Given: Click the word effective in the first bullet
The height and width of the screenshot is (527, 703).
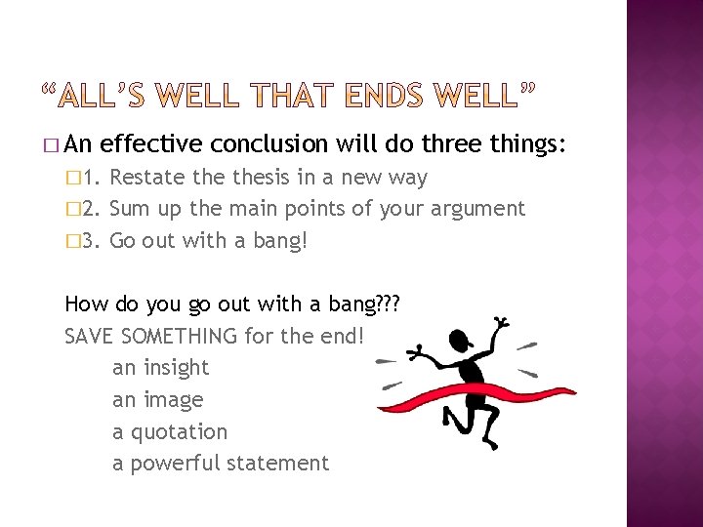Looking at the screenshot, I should (x=151, y=144).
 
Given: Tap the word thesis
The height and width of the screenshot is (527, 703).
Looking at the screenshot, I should (x=252, y=178).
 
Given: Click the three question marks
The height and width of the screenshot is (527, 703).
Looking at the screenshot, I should (x=389, y=304).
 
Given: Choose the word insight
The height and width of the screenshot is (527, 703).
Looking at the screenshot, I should (x=176, y=368).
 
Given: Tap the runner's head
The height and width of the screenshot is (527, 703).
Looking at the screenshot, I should (x=456, y=345).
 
